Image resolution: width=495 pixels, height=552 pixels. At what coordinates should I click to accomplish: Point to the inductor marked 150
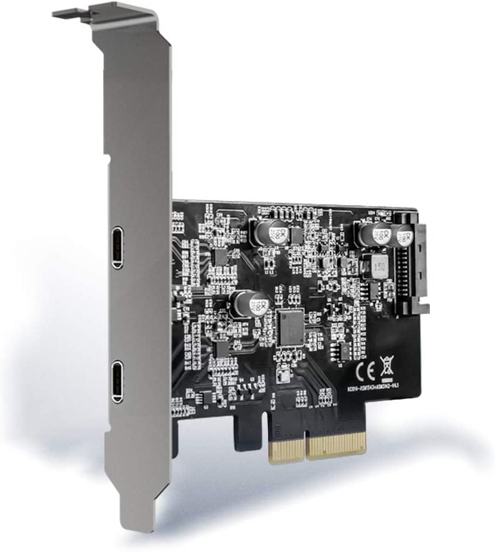[372, 268]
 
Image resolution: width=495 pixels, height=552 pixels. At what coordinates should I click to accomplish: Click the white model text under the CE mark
[375, 392]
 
